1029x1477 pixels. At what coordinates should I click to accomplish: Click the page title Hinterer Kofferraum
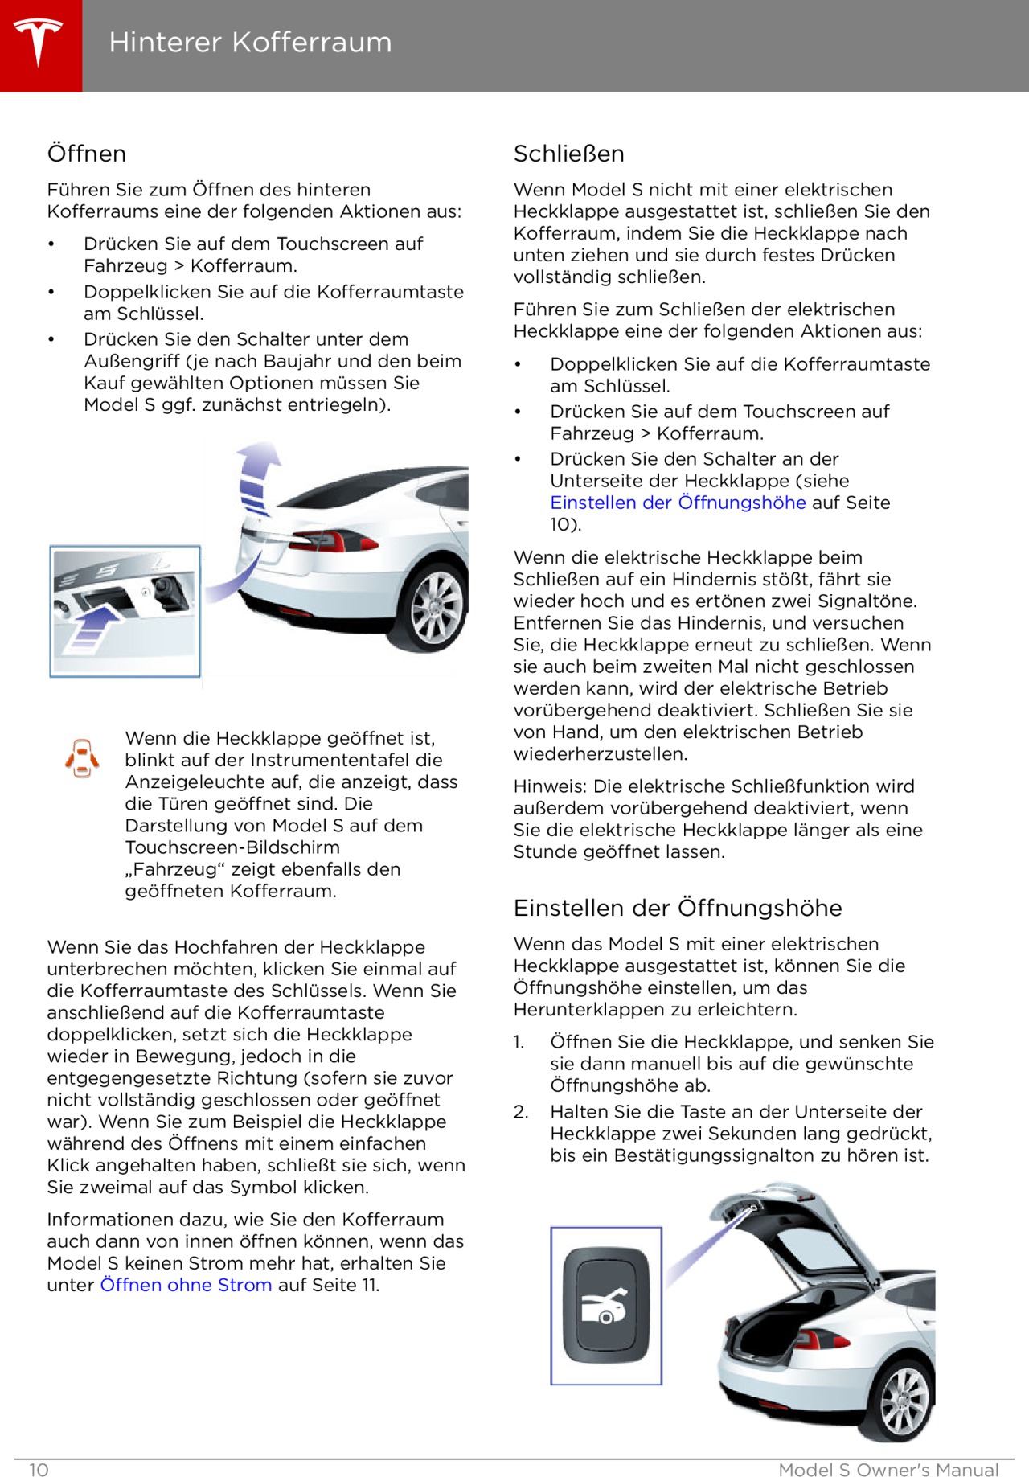pyautogui.click(x=250, y=42)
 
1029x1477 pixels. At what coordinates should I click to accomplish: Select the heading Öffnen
pyautogui.click(x=87, y=154)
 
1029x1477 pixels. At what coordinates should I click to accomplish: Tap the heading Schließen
pyautogui.click(x=568, y=154)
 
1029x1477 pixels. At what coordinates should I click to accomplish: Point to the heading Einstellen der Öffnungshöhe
pyautogui.click(x=677, y=908)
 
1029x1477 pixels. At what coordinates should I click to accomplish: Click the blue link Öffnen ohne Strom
pyautogui.click(x=186, y=1285)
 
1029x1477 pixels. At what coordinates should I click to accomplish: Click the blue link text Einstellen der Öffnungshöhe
pyautogui.click(x=677, y=503)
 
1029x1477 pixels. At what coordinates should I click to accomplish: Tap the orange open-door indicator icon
pyautogui.click(x=82, y=757)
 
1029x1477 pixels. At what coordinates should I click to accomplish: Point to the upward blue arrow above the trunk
pyautogui.click(x=259, y=478)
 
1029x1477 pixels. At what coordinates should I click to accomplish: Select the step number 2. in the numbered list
pyautogui.click(x=521, y=1112)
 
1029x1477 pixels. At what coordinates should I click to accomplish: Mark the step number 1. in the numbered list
pyautogui.click(x=519, y=1042)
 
